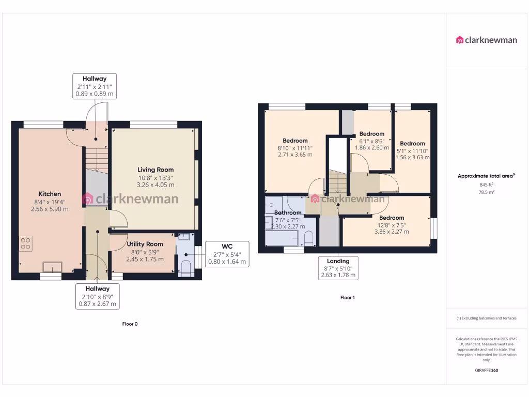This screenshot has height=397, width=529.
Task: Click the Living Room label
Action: [155, 170]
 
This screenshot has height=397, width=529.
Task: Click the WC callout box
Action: [227, 254]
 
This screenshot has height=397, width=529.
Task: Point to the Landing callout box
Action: [338, 268]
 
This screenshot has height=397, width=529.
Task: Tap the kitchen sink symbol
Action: [52, 266]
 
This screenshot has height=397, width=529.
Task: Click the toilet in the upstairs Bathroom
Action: [309, 238]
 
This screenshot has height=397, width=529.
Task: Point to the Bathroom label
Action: [288, 212]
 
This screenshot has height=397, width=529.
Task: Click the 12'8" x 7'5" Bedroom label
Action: [392, 218]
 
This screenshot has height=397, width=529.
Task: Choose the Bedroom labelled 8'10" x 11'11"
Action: [295, 141]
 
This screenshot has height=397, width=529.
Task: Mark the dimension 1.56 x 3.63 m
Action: [412, 158]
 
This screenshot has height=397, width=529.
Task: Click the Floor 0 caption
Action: [130, 324]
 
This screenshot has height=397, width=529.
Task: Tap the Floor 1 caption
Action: [347, 298]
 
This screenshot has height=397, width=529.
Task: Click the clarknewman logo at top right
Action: [486, 40]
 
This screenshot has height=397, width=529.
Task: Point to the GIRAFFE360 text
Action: [486, 370]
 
